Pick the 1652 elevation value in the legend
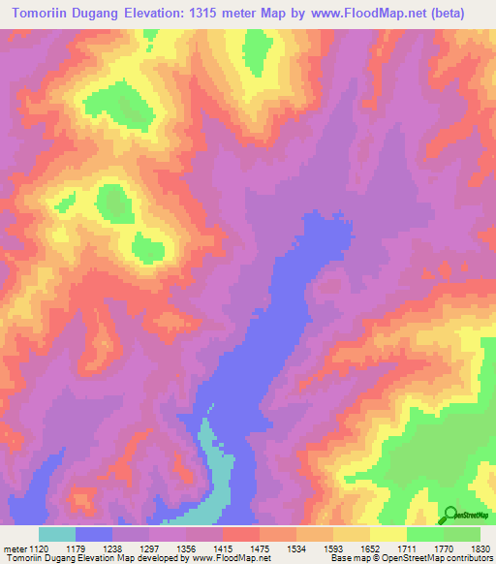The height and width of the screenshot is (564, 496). click(x=383, y=548)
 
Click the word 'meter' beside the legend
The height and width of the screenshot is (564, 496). click(x=15, y=548)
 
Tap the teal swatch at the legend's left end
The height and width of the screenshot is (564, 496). click(x=57, y=534)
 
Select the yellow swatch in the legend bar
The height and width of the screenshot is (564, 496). click(x=387, y=534)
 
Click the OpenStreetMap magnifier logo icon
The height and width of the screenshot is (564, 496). click(x=450, y=515)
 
